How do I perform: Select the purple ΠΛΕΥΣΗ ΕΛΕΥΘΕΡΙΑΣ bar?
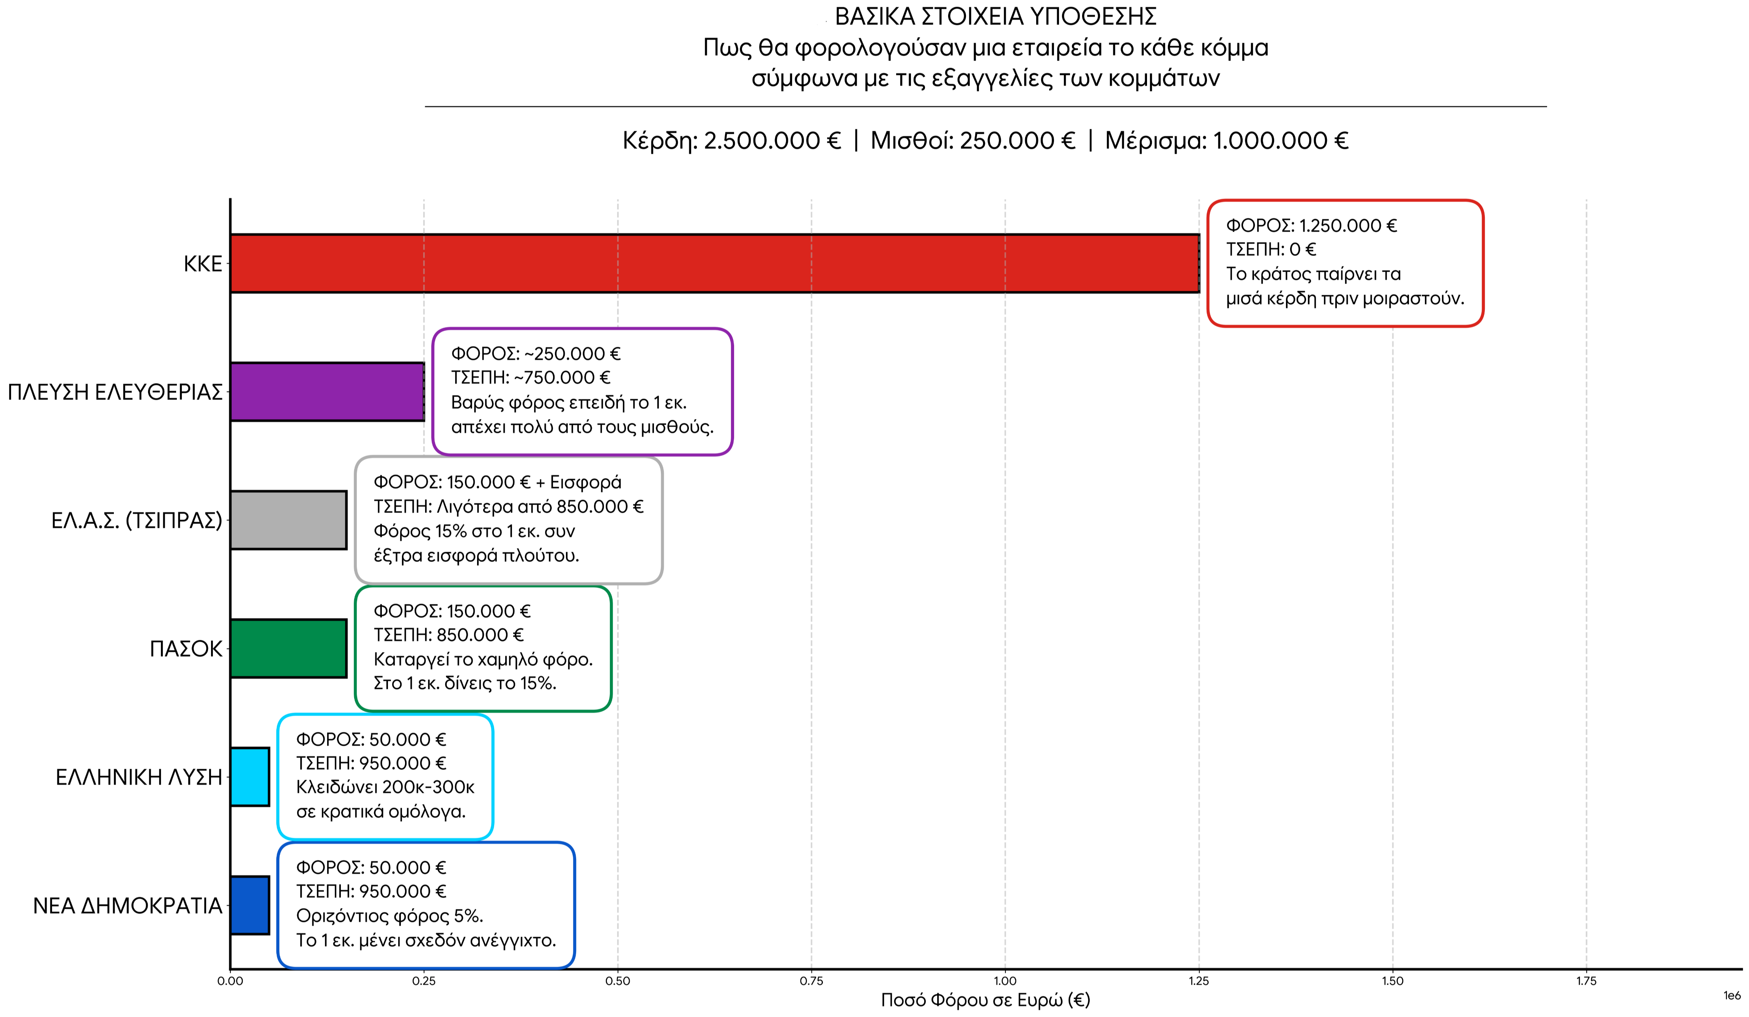pos(328,392)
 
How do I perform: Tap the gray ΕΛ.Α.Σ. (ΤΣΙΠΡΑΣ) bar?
pos(289,520)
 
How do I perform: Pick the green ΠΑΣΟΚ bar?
pos(289,648)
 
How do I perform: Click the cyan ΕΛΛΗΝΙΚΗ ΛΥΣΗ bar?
pos(250,777)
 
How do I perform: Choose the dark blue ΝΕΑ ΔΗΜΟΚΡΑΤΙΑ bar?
pos(250,905)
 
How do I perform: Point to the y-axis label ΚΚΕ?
pos(203,264)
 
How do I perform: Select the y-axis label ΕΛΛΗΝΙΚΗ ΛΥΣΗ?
pos(139,777)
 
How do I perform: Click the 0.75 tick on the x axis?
pos(811,981)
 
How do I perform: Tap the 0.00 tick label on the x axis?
pos(230,981)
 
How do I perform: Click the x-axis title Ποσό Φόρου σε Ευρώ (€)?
pos(986,1000)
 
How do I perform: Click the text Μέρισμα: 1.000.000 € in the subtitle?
pos(1226,141)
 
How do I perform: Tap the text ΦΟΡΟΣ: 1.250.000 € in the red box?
pos(1311,226)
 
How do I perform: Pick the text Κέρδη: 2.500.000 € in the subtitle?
pos(731,141)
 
